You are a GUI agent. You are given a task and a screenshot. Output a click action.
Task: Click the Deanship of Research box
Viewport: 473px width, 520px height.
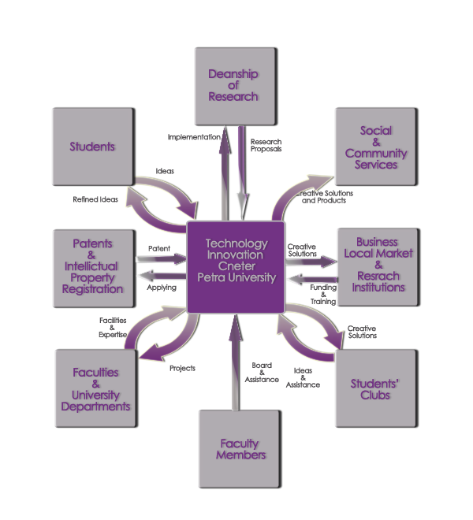(234, 85)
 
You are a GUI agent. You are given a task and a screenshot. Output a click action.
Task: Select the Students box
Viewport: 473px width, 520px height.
(91, 147)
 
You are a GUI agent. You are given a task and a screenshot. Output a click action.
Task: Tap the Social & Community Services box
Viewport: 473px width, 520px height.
(375, 147)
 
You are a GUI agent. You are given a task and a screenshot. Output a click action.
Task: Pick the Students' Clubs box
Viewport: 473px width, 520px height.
(375, 389)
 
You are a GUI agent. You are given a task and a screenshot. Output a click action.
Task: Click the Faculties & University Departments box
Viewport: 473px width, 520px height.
(91, 389)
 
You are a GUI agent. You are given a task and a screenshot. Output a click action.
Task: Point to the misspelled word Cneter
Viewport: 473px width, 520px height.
(236, 266)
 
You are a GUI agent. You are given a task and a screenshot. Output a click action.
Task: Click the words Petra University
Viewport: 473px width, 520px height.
(236, 277)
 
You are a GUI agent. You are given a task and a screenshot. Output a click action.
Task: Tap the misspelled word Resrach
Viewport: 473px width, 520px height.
(377, 277)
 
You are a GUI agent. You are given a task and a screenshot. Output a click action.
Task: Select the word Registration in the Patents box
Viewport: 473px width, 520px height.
(92, 289)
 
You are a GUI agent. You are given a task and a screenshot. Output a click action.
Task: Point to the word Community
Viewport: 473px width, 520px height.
(376, 154)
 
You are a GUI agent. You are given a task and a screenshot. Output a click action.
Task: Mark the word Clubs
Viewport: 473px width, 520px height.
(374, 396)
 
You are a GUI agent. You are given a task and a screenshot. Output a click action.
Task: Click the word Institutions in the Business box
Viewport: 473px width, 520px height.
(377, 288)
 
